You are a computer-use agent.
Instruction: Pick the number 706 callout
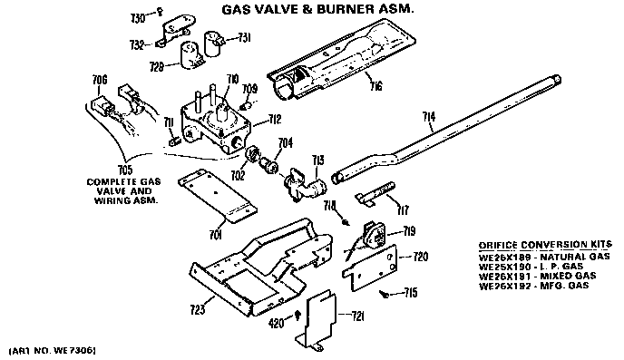coord(100,80)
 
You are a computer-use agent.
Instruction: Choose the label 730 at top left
coord(138,18)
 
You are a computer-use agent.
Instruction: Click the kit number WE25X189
coord(502,257)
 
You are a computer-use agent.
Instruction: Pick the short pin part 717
coord(375,193)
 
